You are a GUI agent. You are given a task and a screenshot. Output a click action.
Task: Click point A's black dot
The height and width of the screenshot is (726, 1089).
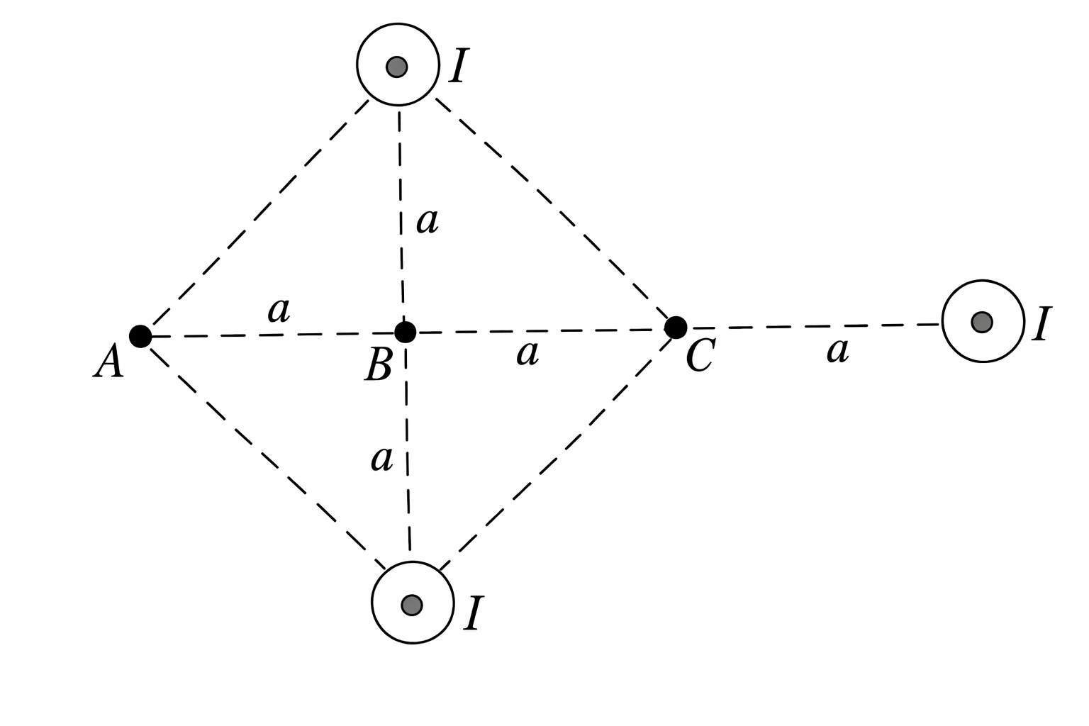click(x=140, y=336)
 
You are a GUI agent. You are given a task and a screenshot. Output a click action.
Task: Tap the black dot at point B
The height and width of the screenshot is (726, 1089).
click(x=405, y=331)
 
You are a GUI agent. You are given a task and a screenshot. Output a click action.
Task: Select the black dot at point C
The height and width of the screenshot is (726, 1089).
click(x=676, y=328)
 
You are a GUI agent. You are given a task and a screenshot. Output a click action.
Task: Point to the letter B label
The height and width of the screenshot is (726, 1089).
click(x=378, y=367)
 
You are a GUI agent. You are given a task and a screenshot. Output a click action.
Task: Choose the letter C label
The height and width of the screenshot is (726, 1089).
click(x=700, y=356)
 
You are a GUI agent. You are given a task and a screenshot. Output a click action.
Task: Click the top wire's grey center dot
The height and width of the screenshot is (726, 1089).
click(x=397, y=67)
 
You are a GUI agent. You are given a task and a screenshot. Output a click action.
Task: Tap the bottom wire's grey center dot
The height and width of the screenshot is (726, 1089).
click(x=411, y=605)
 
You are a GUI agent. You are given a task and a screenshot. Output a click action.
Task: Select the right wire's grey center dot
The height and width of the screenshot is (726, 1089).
click(x=982, y=322)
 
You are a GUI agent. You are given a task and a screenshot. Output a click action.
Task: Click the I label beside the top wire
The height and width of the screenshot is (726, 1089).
click(x=458, y=67)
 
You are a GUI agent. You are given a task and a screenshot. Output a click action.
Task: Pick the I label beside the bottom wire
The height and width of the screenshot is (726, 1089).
click(x=473, y=613)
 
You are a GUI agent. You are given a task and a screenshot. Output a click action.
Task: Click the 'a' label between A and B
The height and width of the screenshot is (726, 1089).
click(x=279, y=311)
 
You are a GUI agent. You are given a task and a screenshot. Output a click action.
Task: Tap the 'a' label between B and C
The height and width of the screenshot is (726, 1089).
click(x=527, y=353)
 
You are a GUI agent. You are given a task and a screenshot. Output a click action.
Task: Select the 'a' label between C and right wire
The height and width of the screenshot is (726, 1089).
click(x=837, y=350)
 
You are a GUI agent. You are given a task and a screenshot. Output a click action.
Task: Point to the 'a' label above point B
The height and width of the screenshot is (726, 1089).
click(x=428, y=222)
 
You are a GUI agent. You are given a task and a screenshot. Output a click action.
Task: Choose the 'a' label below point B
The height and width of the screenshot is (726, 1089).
click(x=382, y=459)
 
